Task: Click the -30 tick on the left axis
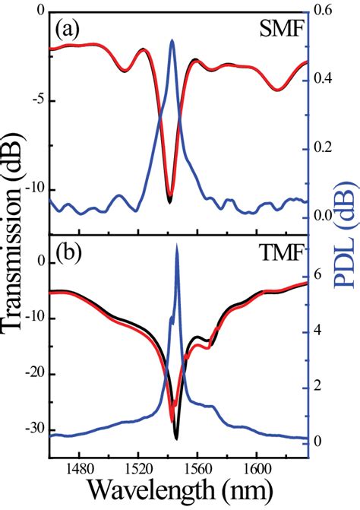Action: click(x=30, y=430)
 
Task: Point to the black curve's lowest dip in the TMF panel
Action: click(x=176, y=439)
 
